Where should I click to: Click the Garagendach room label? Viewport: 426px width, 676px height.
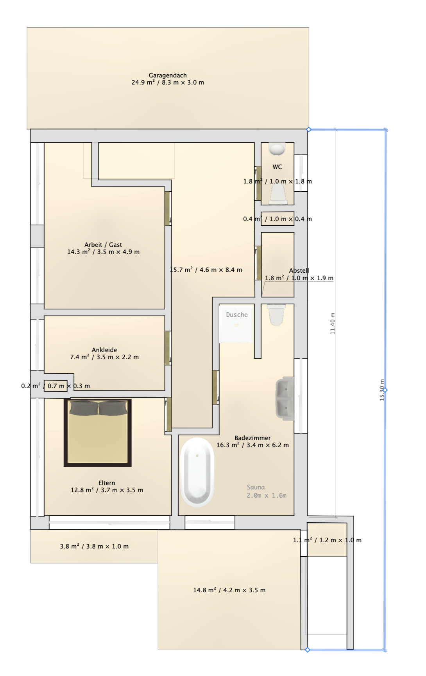(x=168, y=75)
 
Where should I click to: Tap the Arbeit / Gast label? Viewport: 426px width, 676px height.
(x=103, y=245)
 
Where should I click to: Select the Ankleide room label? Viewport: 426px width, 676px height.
(x=104, y=350)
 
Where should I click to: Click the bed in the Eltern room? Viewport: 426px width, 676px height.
(x=98, y=433)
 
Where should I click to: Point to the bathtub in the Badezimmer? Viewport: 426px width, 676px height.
(x=197, y=472)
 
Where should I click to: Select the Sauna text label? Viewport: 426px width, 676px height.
(x=256, y=487)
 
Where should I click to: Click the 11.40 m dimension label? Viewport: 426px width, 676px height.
(x=333, y=324)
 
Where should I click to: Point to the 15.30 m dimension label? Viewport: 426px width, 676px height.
(x=382, y=390)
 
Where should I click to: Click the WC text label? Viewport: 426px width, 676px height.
(x=277, y=167)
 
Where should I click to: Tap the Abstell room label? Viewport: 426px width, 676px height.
(x=299, y=270)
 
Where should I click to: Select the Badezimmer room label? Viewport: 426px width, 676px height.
(x=252, y=438)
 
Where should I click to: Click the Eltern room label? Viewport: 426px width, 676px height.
(x=107, y=483)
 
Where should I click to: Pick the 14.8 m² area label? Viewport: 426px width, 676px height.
(x=229, y=590)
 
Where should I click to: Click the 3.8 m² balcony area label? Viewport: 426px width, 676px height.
(x=94, y=546)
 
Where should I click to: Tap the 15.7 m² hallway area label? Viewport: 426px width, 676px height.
(x=206, y=270)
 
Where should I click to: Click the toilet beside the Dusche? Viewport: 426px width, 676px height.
(x=276, y=315)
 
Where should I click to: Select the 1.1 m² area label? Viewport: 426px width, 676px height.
(x=328, y=540)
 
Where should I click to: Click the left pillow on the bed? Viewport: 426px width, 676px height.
(x=83, y=408)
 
